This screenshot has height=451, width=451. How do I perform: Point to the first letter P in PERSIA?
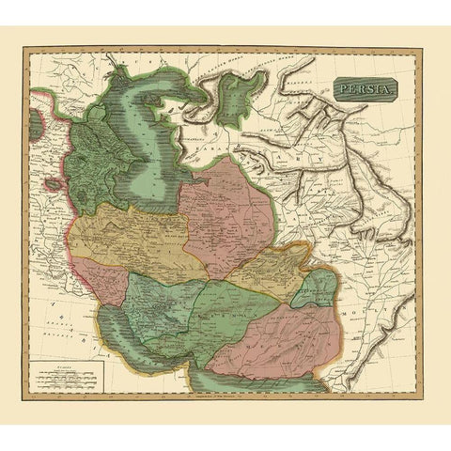click(339, 91)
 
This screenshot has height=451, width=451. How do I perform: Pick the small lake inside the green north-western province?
click(92, 164)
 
